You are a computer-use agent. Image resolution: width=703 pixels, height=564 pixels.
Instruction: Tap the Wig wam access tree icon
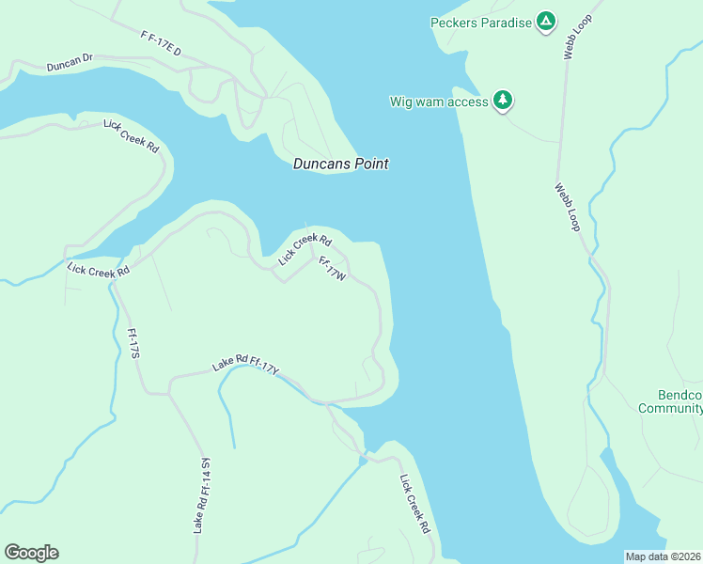(x=503, y=101)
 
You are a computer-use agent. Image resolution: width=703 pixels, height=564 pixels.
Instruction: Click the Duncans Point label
(x=340, y=164)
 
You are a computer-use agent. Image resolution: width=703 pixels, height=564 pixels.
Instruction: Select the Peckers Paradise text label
(x=480, y=22)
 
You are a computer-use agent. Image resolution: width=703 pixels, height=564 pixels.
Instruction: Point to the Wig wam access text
(x=439, y=102)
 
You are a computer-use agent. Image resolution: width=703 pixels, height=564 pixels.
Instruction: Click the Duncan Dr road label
(x=70, y=63)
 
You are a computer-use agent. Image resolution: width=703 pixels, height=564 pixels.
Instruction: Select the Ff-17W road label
(x=333, y=271)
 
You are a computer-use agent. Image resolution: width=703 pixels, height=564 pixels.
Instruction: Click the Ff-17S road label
(x=133, y=342)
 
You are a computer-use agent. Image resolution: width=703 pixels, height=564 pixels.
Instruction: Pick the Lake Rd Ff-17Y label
(x=246, y=366)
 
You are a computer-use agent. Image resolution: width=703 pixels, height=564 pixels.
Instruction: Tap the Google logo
(x=31, y=553)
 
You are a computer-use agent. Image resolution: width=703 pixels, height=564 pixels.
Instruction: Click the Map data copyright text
(x=664, y=556)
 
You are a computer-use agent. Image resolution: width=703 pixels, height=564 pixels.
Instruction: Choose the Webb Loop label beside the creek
(x=568, y=207)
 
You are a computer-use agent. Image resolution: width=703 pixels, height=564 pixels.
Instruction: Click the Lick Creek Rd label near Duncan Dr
(x=132, y=136)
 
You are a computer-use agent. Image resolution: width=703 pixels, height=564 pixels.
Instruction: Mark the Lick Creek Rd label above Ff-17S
(x=98, y=269)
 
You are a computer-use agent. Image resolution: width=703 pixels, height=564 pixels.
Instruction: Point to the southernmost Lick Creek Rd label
(x=414, y=504)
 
